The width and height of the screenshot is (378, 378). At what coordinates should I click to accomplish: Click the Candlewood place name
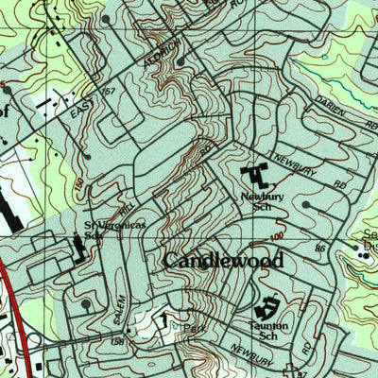click(x=224, y=260)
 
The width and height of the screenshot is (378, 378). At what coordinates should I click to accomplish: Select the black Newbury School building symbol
click(x=255, y=175)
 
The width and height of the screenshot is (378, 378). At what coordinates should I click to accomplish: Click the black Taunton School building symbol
click(x=267, y=306)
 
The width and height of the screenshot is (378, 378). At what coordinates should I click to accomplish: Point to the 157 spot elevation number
click(x=108, y=92)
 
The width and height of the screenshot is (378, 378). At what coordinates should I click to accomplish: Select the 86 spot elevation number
click(x=321, y=248)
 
